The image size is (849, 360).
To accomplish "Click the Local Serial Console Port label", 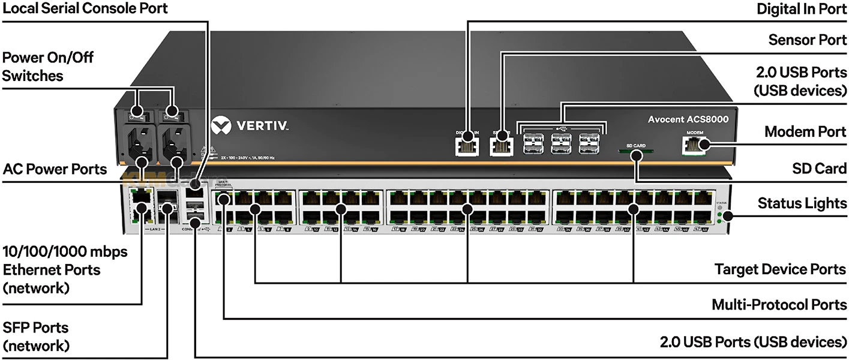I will pos(84,8).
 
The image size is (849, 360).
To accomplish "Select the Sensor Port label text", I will pos(808,40).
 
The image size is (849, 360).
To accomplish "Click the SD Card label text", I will pos(820,169).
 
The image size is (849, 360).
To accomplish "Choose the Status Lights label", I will pos(802,203).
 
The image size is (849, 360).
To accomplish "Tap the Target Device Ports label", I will pos(781,269).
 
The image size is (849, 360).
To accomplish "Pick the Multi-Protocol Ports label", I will pos(779,305).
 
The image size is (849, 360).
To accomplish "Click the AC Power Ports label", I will pos(55,169).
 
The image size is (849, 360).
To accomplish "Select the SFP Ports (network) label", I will pos(36,337).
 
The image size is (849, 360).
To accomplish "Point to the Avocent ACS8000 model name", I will pos(688,119).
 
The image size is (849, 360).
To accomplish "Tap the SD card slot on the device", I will pos(635,152).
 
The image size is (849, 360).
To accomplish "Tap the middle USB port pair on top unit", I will pos(561,143).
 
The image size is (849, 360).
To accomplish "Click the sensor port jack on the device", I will pos(500,145).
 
